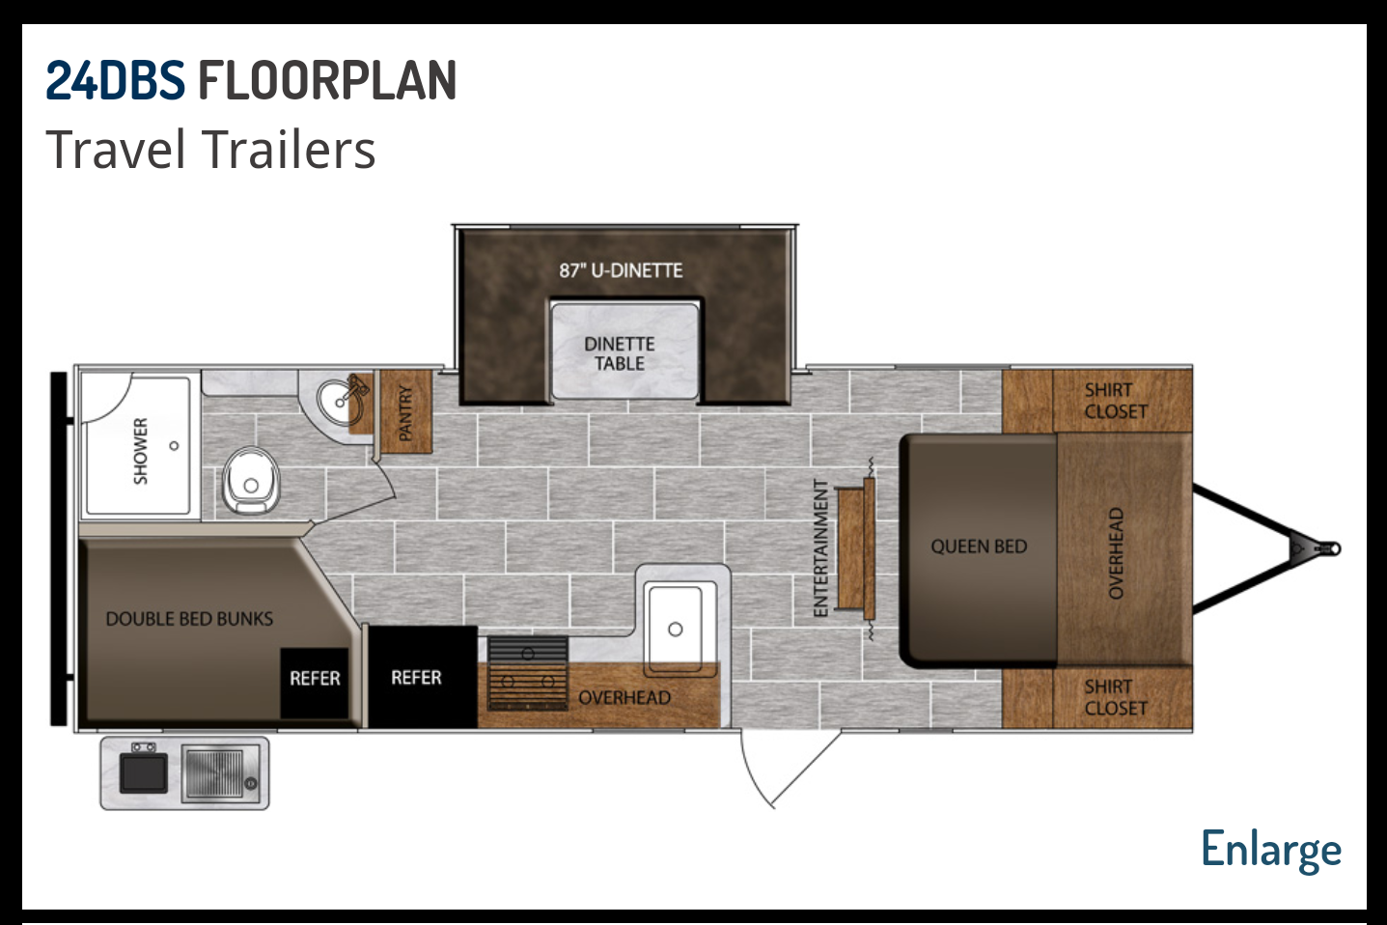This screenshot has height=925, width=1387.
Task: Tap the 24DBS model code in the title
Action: tap(115, 80)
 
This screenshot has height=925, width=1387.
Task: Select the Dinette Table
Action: tap(624, 351)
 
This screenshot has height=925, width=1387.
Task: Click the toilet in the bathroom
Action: tap(250, 480)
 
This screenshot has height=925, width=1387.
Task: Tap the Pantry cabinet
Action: tap(405, 411)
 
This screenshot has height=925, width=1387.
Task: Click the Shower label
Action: tap(141, 451)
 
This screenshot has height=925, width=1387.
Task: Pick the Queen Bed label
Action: tap(979, 547)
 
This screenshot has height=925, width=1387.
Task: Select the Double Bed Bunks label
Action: tap(189, 619)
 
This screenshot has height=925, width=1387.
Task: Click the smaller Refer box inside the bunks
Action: tap(315, 682)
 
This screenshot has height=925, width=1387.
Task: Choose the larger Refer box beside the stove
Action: tap(423, 677)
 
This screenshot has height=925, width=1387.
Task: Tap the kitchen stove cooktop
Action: tap(528, 673)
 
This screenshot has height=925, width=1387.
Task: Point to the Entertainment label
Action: tap(821, 547)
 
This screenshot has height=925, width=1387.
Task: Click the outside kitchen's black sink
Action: tap(144, 773)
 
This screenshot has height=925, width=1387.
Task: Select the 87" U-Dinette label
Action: tap(621, 270)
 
